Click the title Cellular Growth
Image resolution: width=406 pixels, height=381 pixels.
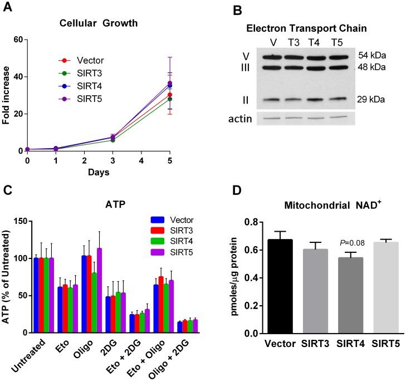point(102,24)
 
